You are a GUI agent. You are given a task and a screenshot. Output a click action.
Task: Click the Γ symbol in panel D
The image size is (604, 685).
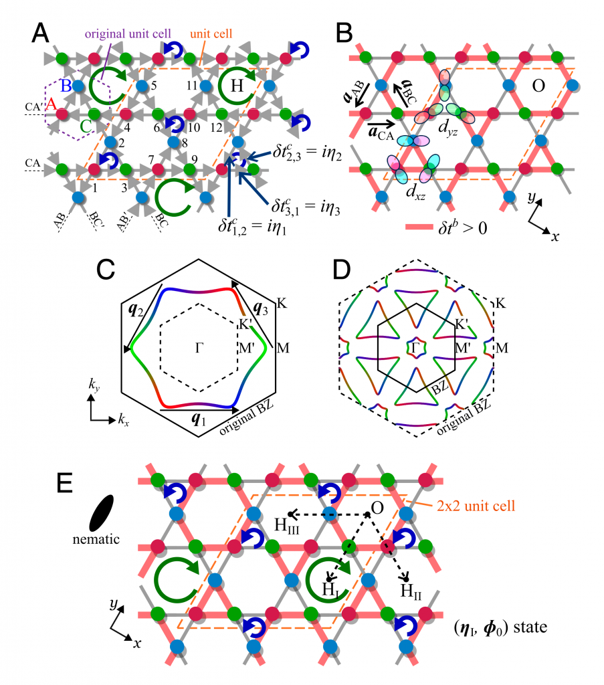[x=415, y=347]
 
